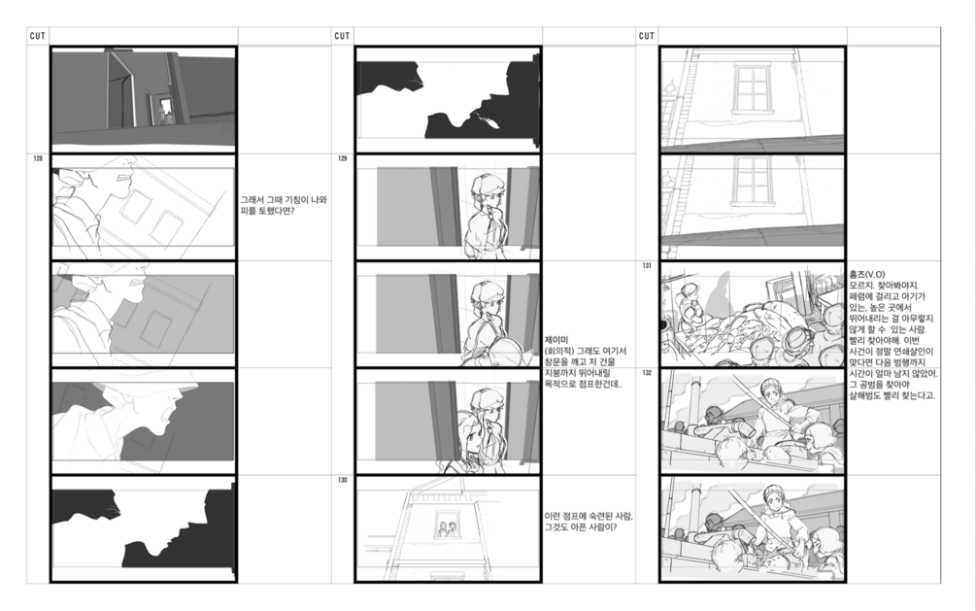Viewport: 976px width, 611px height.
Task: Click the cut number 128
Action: click(x=38, y=159)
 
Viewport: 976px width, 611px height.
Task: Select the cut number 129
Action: click(x=343, y=159)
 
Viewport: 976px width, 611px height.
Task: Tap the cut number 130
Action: click(x=343, y=480)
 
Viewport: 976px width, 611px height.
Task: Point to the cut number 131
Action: click(x=647, y=266)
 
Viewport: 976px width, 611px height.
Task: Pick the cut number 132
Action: click(x=647, y=373)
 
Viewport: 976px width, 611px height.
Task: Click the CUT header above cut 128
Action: click(x=37, y=36)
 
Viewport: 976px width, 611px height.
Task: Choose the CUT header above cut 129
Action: click(x=342, y=36)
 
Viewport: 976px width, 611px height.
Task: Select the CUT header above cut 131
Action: click(x=646, y=36)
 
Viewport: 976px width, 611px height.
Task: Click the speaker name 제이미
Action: click(x=555, y=340)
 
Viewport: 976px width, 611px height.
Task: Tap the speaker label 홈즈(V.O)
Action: click(x=867, y=274)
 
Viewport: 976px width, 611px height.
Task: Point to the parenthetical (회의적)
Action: click(x=559, y=352)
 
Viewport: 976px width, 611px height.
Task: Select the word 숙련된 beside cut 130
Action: click(x=599, y=517)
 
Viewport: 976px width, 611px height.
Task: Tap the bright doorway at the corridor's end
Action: click(x=165, y=110)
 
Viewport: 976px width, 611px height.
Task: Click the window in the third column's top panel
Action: click(x=752, y=87)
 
